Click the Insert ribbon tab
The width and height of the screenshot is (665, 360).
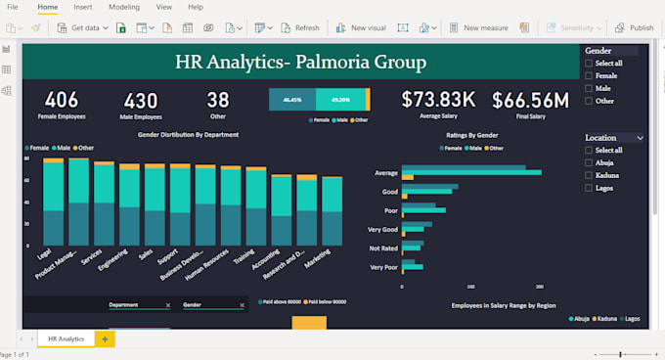(83, 7)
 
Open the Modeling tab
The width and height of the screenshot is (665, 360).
(124, 7)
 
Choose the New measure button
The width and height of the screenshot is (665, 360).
(478, 28)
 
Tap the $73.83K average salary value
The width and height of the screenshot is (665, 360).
(438, 99)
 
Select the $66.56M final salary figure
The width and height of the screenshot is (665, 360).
(530, 100)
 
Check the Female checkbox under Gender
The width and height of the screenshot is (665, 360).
(589, 75)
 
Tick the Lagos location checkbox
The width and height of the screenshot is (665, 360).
(589, 188)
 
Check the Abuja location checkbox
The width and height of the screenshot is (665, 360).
(589, 162)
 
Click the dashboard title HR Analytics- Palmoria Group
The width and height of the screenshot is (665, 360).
(300, 64)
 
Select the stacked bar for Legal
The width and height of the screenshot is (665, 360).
(53, 201)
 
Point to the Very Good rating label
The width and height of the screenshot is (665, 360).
(383, 228)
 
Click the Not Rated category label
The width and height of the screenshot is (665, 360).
(383, 247)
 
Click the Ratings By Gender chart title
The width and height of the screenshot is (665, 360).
(472, 134)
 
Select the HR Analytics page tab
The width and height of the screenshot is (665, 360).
(66, 338)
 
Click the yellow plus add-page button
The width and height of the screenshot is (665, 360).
(105, 338)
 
